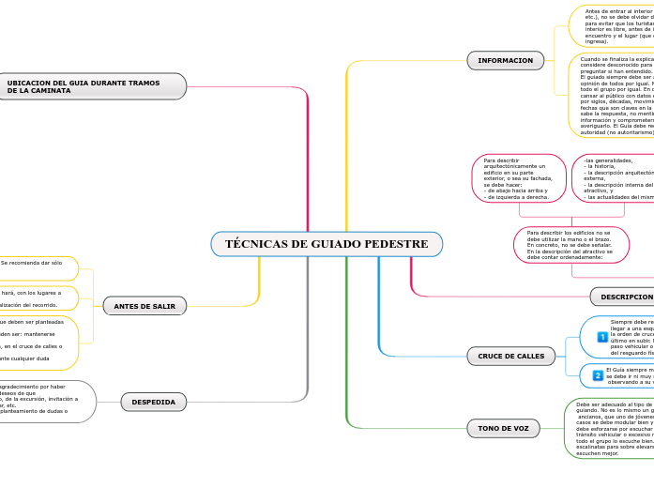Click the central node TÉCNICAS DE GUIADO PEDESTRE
327,244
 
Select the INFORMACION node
505,61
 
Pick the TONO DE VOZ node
503,428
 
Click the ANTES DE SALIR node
144,306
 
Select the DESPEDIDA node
153,402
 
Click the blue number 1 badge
602,337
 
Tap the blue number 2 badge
598,375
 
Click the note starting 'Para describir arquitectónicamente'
519,179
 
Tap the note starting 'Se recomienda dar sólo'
38,263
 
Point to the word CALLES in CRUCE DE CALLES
528,356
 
